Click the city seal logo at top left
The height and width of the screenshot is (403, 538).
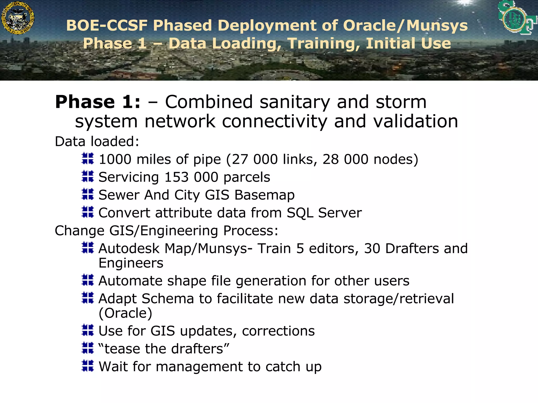pyautogui.click(x=18, y=18)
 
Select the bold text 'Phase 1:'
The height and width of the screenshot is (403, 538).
pyautogui.click(x=98, y=102)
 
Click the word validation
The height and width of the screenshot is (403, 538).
pyautogui.click(x=416, y=121)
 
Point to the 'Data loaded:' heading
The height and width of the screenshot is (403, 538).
pyautogui.click(x=97, y=142)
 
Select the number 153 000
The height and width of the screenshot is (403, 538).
pyautogui.click(x=191, y=177)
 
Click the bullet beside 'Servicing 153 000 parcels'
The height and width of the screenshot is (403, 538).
pyautogui.click(x=88, y=176)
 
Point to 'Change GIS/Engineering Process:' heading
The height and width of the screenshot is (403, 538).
pyautogui.click(x=166, y=231)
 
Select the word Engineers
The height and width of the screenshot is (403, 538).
pyautogui.click(x=131, y=263)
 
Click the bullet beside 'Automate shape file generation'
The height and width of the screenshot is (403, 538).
pyautogui.click(x=88, y=280)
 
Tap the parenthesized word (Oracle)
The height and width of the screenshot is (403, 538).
pyautogui.click(x=125, y=313)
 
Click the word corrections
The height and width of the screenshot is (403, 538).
pyautogui.click(x=278, y=331)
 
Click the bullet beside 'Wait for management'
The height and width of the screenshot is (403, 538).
pyautogui.click(x=88, y=366)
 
